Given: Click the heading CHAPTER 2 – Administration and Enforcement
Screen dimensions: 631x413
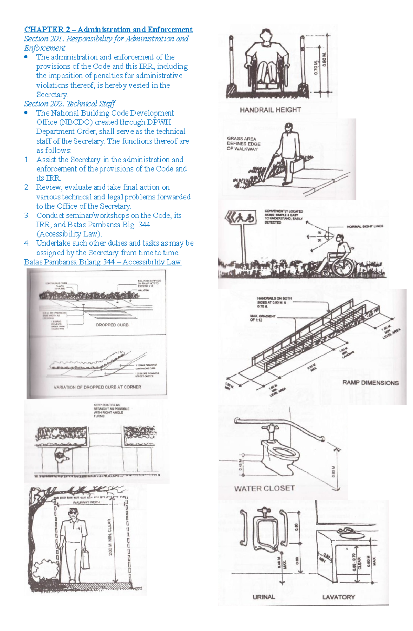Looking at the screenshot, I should (x=108, y=30).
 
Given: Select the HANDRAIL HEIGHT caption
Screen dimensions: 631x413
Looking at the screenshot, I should (x=270, y=110).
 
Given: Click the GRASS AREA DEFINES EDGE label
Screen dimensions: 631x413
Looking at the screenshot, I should (x=243, y=143).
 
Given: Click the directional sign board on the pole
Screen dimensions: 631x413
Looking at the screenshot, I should (x=241, y=218).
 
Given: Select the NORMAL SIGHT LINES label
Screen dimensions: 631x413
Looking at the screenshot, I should (x=365, y=226).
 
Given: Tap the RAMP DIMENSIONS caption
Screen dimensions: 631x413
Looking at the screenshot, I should (x=370, y=383).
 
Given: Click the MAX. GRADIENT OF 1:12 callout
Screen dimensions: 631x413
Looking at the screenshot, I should (x=263, y=318).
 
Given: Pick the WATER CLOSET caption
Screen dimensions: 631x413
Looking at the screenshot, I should (x=264, y=488).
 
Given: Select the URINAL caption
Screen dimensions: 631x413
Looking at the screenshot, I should (x=264, y=597).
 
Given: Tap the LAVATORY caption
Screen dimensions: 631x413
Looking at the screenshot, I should (x=338, y=597).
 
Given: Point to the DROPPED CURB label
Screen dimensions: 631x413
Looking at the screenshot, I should (x=112, y=325).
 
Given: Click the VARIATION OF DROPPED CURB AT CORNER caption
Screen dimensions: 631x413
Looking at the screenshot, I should (x=97, y=387).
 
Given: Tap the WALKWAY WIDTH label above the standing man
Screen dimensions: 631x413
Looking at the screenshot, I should (x=86, y=502).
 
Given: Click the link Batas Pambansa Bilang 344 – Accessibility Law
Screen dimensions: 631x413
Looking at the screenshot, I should (x=103, y=262).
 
